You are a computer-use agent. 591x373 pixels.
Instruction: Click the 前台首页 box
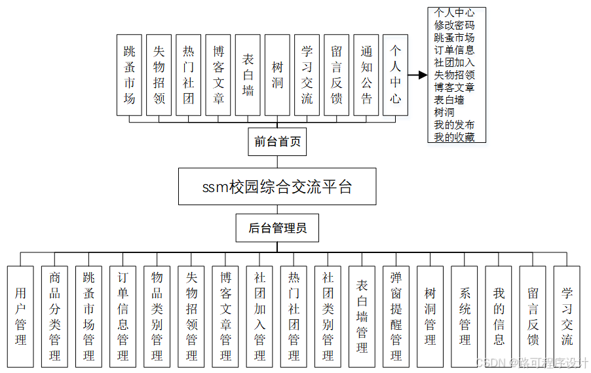[x=277, y=142]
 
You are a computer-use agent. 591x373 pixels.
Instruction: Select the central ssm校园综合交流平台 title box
[x=277, y=187]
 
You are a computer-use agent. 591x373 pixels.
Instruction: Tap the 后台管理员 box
[x=277, y=229]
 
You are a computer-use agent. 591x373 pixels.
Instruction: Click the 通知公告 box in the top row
[x=366, y=75]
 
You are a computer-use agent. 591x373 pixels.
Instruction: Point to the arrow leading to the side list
[x=417, y=75]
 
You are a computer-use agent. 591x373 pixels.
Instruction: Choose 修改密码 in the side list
[x=454, y=25]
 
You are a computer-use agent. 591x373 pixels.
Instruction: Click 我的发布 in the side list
[x=454, y=125]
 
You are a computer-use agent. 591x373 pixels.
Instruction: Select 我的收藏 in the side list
[x=454, y=137]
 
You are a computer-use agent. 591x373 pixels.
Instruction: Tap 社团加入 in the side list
[x=454, y=62]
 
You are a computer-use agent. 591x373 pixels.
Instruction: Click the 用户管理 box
[x=20, y=316]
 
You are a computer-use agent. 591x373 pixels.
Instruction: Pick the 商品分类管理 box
[x=54, y=316]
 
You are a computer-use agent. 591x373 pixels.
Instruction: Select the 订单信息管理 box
[x=123, y=316]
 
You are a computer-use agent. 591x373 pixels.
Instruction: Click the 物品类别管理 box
[x=157, y=316]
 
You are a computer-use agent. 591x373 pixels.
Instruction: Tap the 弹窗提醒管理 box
[x=396, y=316]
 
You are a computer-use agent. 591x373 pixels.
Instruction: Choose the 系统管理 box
[x=465, y=316]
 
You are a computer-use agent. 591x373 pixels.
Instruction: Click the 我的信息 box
[x=499, y=316]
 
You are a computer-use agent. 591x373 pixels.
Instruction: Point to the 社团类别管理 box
[x=328, y=316]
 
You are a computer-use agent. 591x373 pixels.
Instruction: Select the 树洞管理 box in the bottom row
[x=430, y=316]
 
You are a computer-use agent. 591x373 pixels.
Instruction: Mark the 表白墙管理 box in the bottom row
[x=362, y=316]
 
